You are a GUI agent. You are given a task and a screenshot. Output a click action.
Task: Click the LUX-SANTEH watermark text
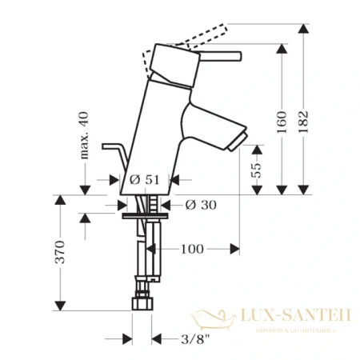coord(295,317)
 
